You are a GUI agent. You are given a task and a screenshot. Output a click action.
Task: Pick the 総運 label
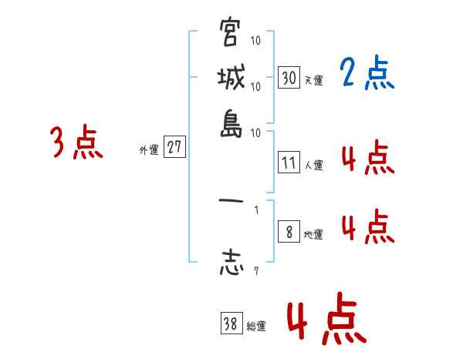(x=255, y=327)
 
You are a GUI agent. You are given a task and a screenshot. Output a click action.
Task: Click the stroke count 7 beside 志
(x=255, y=270)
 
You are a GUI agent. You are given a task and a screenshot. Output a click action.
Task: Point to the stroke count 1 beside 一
(x=255, y=208)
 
